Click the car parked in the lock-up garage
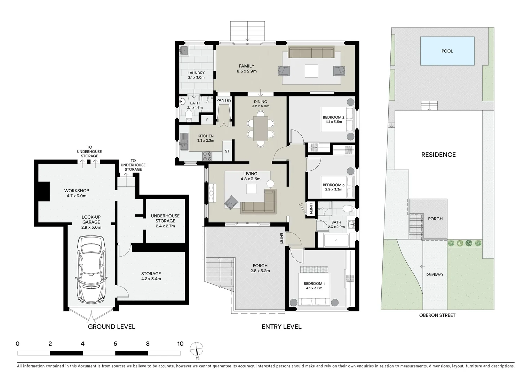click(92, 270)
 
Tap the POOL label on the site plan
click(447, 51)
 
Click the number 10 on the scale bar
click(180, 344)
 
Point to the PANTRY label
click(224, 100)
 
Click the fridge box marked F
click(207, 120)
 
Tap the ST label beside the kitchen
click(227, 151)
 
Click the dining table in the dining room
click(261, 128)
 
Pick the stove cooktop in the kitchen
click(207, 156)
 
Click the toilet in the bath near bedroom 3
click(347, 209)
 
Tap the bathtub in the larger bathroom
click(336, 241)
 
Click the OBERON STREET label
click(437, 315)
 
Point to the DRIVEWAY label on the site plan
click(435, 275)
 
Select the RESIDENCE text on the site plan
click(438, 155)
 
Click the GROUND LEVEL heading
click(111, 327)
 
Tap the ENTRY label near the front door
click(282, 238)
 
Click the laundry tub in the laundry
click(184, 51)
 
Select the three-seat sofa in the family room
click(311, 53)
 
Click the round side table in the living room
click(270, 184)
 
